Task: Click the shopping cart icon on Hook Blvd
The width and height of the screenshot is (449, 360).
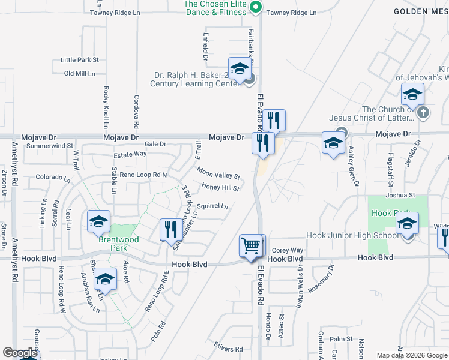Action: click(x=252, y=245)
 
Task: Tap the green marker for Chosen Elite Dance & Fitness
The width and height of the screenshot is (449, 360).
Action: click(x=255, y=8)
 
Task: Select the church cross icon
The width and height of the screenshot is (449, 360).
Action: click(x=423, y=112)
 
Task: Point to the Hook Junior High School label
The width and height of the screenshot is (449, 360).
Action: click(x=352, y=235)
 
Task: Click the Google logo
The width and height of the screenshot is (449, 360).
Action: click(x=20, y=353)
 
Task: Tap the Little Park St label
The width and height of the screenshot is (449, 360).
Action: click(x=79, y=60)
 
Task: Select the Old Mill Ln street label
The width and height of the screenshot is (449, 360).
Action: click(x=80, y=73)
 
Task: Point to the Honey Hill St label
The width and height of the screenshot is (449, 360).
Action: click(x=220, y=188)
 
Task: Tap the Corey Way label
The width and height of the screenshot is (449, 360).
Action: click(x=288, y=250)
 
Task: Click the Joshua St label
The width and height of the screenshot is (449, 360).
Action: click(x=400, y=195)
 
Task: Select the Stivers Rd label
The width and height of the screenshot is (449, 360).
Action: click(x=229, y=349)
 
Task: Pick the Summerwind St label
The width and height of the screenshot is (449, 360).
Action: click(x=50, y=145)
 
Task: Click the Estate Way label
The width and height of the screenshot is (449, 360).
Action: click(x=130, y=154)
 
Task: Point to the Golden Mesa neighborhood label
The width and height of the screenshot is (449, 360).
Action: click(x=421, y=11)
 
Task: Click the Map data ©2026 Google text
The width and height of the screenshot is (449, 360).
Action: click(x=412, y=355)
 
